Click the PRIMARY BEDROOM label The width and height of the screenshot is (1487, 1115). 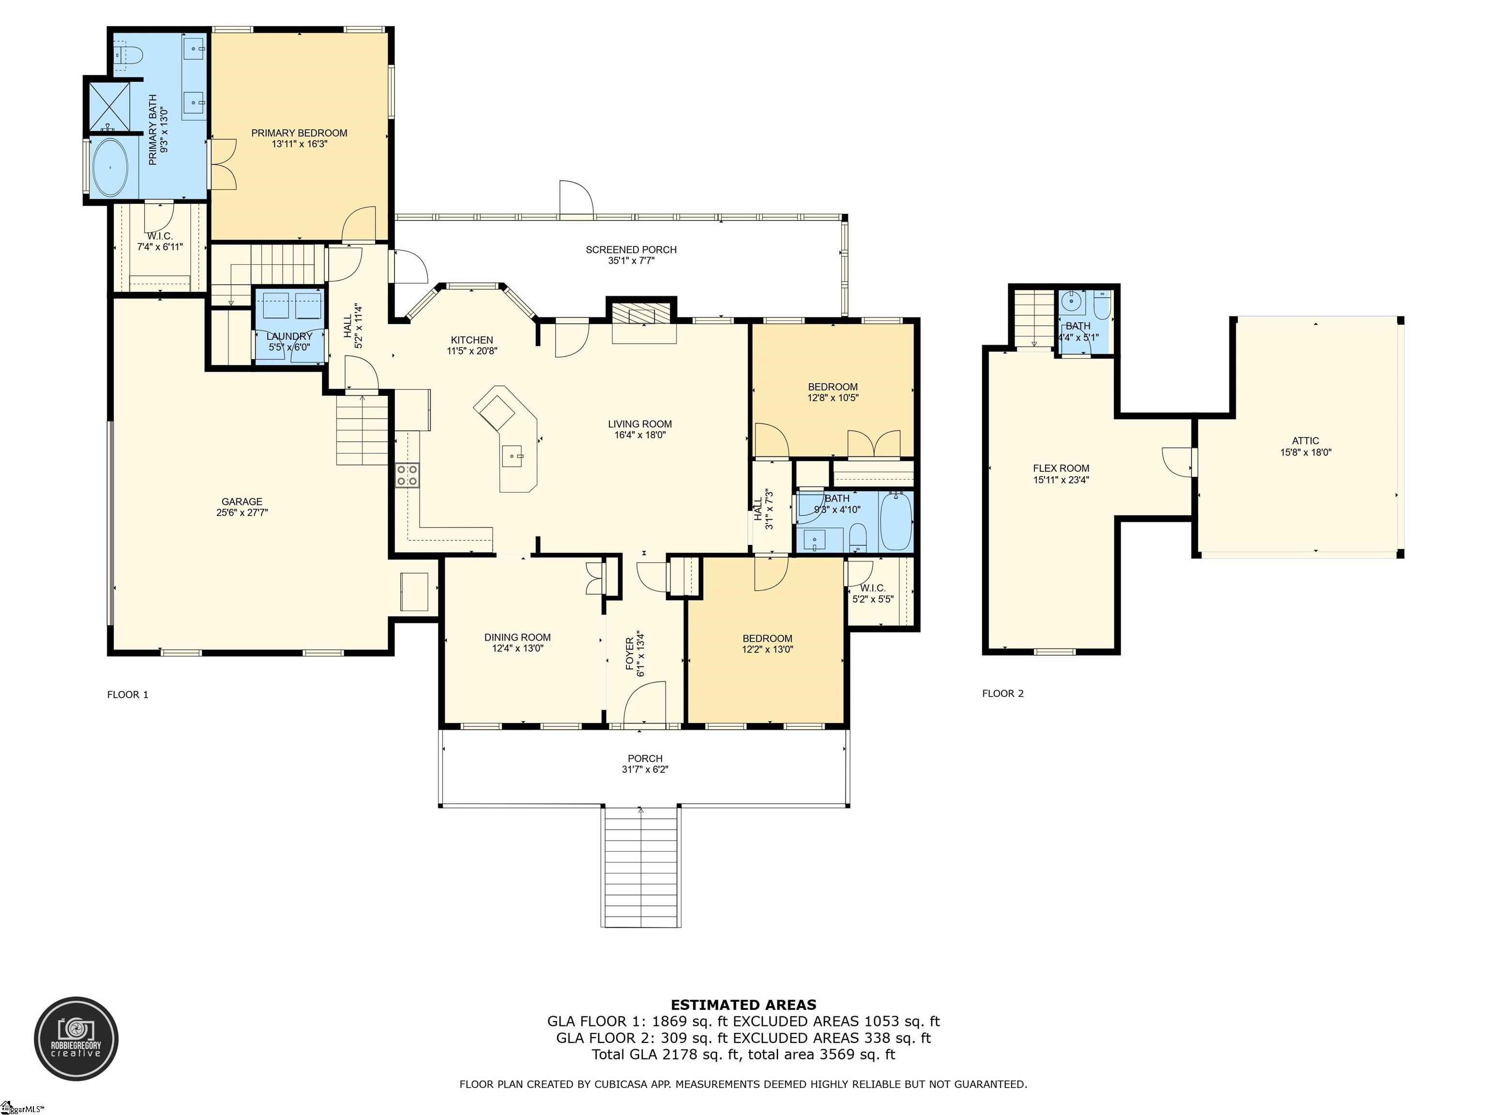pyautogui.click(x=299, y=133)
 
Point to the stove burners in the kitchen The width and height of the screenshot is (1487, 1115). pyautogui.click(x=407, y=475)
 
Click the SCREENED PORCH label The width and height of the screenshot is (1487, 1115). pyautogui.click(x=631, y=249)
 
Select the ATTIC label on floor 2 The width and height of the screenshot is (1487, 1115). pyautogui.click(x=1305, y=441)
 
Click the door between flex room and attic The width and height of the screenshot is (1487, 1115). pyautogui.click(x=1178, y=462)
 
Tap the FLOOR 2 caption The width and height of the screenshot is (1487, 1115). pyautogui.click(x=1002, y=693)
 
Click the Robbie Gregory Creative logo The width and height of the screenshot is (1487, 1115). pyautogui.click(x=76, y=1039)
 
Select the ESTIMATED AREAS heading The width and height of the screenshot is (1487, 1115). pyautogui.click(x=743, y=1005)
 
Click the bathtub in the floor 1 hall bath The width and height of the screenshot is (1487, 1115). pyautogui.click(x=895, y=522)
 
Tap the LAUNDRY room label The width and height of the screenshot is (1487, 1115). pyautogui.click(x=289, y=336)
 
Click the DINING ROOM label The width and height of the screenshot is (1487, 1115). pyautogui.click(x=517, y=637)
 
